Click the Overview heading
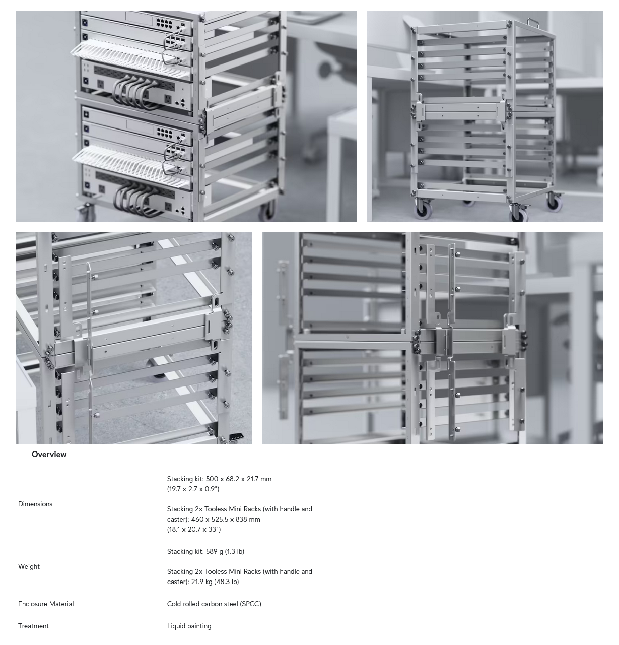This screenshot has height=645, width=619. click(x=49, y=455)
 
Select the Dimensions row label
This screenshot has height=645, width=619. click(x=35, y=504)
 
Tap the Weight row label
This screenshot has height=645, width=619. click(x=29, y=567)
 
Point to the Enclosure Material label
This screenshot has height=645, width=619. click(x=46, y=604)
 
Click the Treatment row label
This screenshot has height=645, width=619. click(x=33, y=626)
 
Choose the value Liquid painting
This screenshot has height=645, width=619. click(x=189, y=626)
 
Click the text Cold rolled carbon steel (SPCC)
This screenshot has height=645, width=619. click(x=214, y=604)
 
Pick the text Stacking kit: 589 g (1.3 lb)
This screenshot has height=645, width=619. click(x=205, y=552)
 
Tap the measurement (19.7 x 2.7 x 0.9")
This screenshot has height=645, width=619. click(x=193, y=489)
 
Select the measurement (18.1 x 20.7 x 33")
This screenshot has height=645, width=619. click(x=194, y=529)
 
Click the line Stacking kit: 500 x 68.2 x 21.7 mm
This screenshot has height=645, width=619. click(x=219, y=479)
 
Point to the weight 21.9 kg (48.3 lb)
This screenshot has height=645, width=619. click(x=215, y=582)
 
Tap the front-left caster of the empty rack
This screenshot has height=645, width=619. click(x=422, y=208)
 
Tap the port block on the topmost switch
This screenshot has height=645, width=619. click(x=164, y=23)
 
